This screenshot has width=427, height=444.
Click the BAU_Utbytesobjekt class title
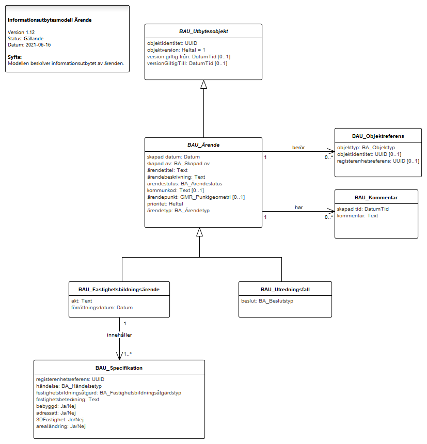pyautogui.click(x=203, y=31)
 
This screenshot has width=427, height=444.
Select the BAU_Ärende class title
pyautogui.click(x=203, y=145)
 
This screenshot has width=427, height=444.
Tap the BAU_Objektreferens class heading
pyautogui.click(x=378, y=136)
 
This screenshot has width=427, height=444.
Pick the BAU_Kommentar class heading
pyautogui.click(x=376, y=198)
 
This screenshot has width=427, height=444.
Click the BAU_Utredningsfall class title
pyautogui.click(x=285, y=290)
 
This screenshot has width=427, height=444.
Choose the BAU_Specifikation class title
pyautogui.click(x=119, y=368)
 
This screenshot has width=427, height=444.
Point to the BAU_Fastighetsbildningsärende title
pyautogui.click(x=119, y=290)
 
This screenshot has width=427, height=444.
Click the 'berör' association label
pyautogui.click(x=298, y=148)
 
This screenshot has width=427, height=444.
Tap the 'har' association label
pyautogui.click(x=299, y=208)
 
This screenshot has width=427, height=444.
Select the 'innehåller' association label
pyautogui.click(x=119, y=335)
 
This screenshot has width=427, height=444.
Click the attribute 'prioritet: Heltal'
pyautogui.click(x=165, y=204)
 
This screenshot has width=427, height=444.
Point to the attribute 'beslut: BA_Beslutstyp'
pyautogui.click(x=267, y=300)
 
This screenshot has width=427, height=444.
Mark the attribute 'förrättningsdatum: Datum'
pyautogui.click(x=102, y=308)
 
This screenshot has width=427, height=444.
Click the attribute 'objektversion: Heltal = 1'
pyautogui.click(x=176, y=50)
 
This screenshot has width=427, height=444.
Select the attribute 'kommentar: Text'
pyautogui.click(x=357, y=216)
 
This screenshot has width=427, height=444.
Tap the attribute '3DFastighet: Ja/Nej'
pyautogui.click(x=60, y=420)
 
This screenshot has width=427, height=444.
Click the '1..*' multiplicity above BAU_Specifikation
pyautogui.click(x=128, y=354)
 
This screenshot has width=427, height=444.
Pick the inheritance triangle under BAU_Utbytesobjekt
pyautogui.click(x=203, y=84)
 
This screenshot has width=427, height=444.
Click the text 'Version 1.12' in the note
pyautogui.click(x=21, y=33)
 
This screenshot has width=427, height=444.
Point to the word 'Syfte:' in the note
pyautogui.click(x=15, y=57)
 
